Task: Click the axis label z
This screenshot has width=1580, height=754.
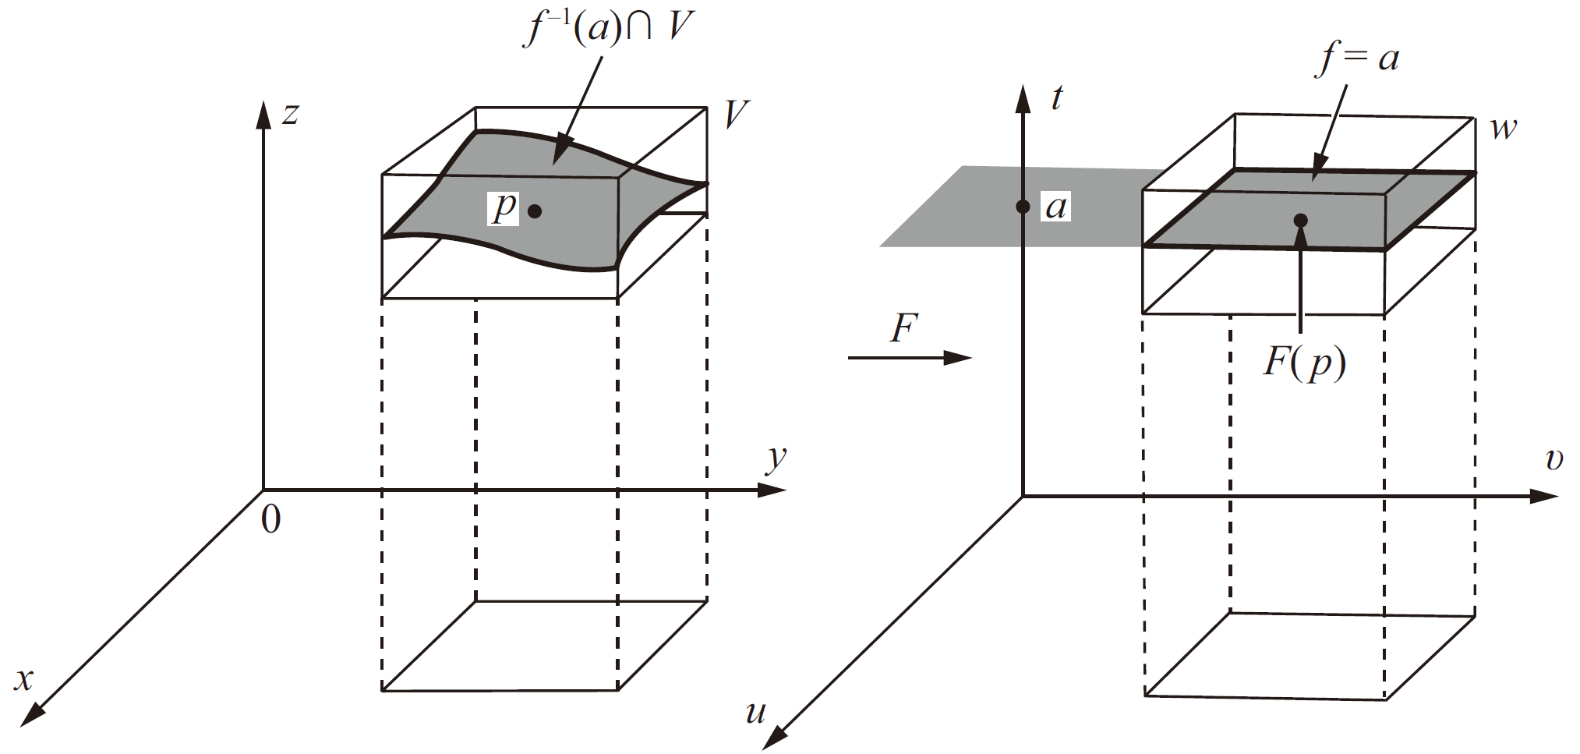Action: (290, 114)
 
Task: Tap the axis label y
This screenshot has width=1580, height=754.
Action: (776, 458)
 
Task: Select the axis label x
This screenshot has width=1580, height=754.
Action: (24, 679)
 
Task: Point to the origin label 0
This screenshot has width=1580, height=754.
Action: (270, 520)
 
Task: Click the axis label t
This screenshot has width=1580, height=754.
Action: (1056, 97)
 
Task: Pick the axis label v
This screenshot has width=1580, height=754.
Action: (1554, 460)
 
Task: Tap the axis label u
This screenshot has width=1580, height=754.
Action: (755, 712)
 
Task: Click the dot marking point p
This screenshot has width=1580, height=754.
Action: (535, 211)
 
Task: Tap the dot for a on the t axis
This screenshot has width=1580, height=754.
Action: (1023, 207)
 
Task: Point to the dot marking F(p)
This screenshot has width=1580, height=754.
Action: (1300, 221)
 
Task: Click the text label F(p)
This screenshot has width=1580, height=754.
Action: (1304, 363)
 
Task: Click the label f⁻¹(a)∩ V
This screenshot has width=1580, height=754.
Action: (609, 27)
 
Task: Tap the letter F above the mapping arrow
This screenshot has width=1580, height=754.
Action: (904, 328)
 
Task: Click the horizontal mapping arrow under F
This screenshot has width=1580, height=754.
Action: (909, 358)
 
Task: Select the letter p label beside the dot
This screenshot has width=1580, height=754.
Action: (504, 207)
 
